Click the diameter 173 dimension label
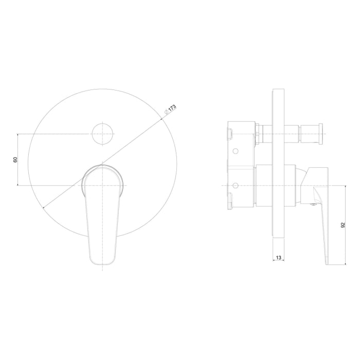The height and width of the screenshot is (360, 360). point(170,110)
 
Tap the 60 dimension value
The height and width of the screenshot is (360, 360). point(15,159)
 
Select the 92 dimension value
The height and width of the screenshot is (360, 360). point(343,225)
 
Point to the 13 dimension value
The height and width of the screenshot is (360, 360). point(279,258)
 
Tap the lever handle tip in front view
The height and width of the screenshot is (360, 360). point(102,263)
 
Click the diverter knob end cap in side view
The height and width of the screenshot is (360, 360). point(320,134)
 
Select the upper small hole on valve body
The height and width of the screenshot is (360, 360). point(236,151)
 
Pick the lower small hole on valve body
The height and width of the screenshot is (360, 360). point(236,185)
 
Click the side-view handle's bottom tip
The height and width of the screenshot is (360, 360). point(327,264)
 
